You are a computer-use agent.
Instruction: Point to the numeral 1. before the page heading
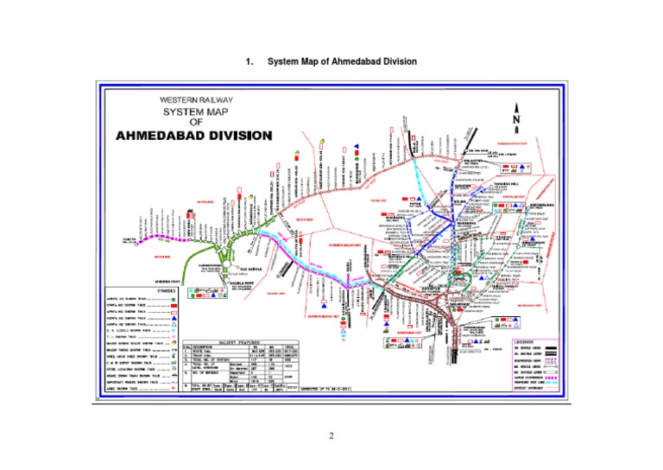(249, 62)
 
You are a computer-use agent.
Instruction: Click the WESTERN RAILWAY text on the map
(195, 100)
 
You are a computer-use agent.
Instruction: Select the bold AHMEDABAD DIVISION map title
(194, 137)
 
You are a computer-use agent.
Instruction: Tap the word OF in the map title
(195, 123)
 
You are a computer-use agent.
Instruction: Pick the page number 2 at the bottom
(331, 435)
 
